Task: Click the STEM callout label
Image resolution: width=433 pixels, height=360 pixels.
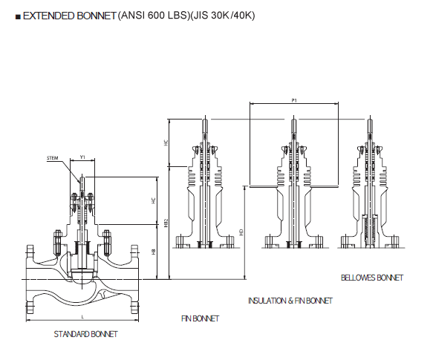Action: click(x=52, y=158)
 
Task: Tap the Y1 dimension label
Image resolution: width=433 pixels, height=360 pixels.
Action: click(x=82, y=157)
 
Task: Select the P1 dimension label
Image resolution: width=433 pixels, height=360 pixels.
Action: click(x=294, y=99)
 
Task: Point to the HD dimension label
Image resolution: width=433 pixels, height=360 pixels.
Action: click(x=241, y=232)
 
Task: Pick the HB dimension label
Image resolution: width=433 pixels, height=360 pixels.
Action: click(x=154, y=252)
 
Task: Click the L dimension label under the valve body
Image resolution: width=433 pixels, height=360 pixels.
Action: click(x=82, y=316)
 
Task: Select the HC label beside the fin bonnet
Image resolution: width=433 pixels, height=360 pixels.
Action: click(x=166, y=142)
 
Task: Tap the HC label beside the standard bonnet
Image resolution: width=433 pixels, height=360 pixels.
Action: click(x=154, y=200)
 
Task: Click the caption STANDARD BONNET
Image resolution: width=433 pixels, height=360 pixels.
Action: click(x=86, y=334)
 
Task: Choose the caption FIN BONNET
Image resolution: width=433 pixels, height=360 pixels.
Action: click(x=201, y=318)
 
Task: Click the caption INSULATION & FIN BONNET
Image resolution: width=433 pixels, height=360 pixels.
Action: click(x=290, y=301)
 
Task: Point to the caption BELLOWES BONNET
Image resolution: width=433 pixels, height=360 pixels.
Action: click(x=372, y=278)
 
